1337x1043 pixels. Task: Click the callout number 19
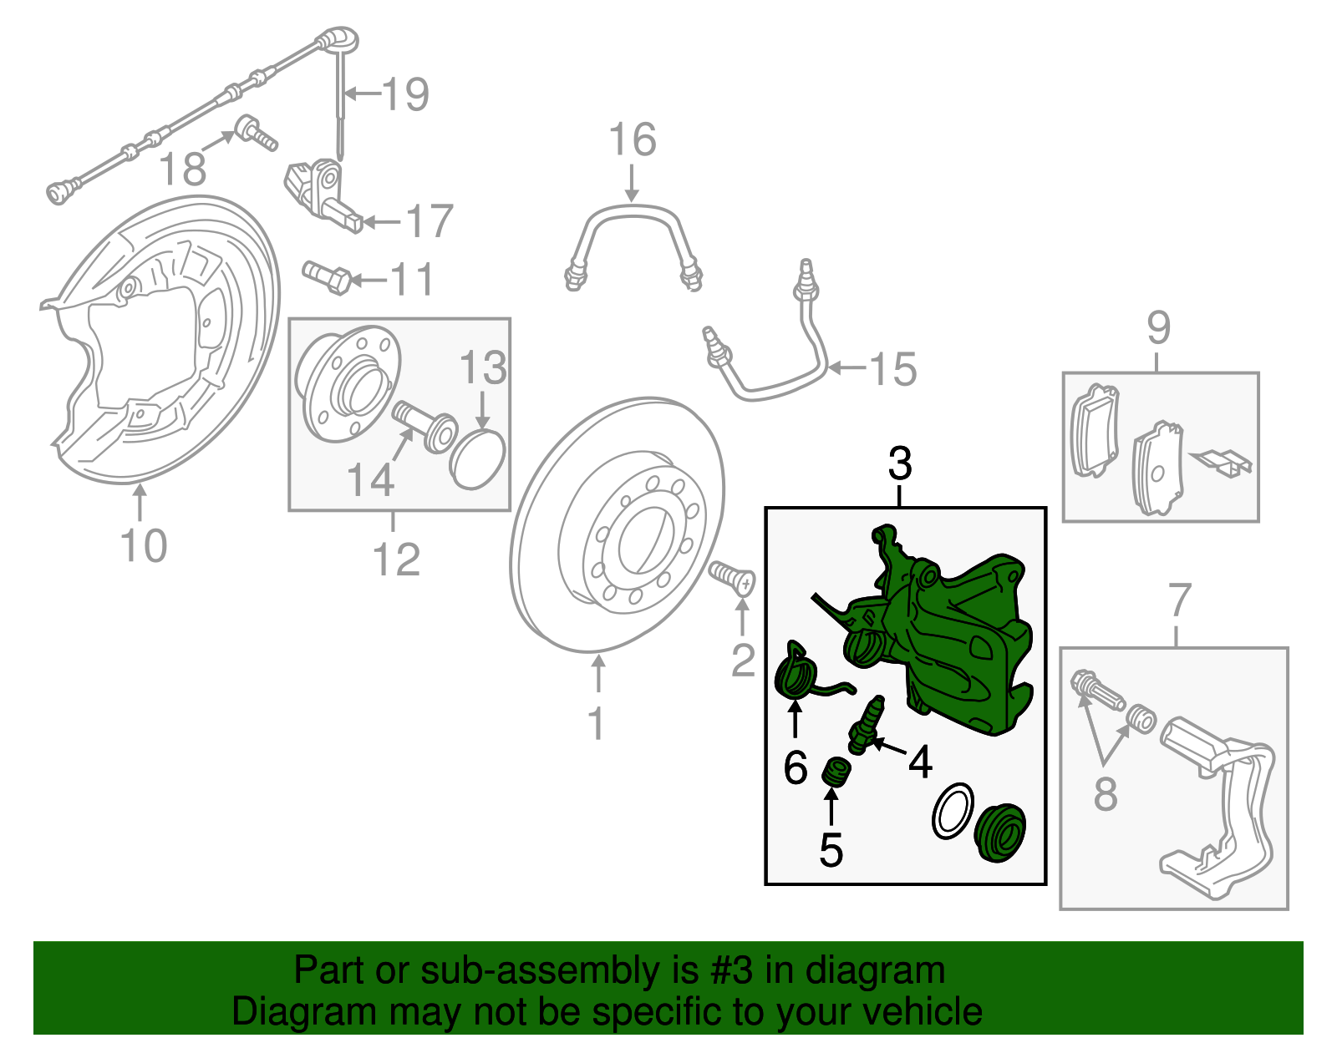(x=406, y=94)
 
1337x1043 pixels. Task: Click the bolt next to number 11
(x=328, y=277)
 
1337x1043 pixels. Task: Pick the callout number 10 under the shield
(x=144, y=546)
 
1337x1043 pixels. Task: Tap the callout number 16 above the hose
(x=633, y=139)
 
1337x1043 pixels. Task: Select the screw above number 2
(x=733, y=577)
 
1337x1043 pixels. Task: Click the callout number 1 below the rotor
(x=596, y=723)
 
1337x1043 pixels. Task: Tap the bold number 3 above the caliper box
(x=900, y=464)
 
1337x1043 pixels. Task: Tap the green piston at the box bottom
(x=999, y=833)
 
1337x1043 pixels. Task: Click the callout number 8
(x=1105, y=793)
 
